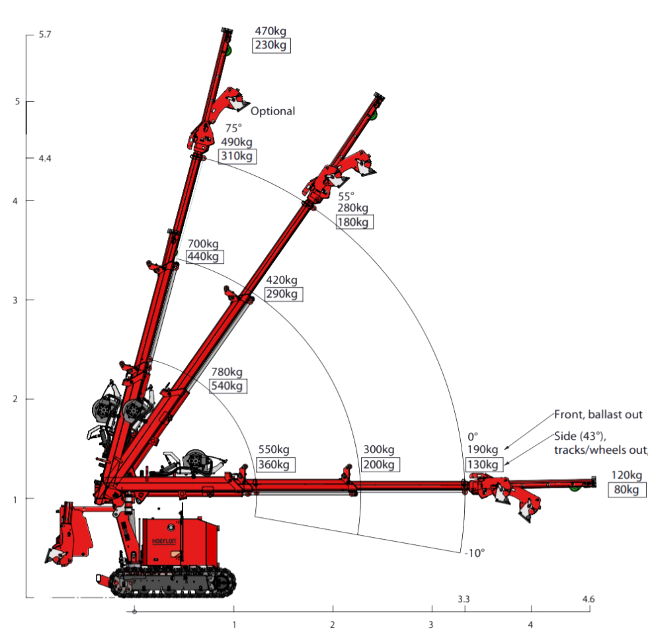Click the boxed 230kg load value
pyautogui.click(x=272, y=45)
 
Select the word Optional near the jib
pyautogui.click(x=272, y=111)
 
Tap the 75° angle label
pyautogui.click(x=233, y=128)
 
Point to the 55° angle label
pyautogui.click(x=346, y=196)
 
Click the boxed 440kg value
pyautogui.click(x=205, y=257)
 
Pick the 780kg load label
pyautogui.click(x=226, y=372)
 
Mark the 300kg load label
pyautogui.click(x=379, y=450)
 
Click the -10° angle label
pyautogui.click(x=474, y=552)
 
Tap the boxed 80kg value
pyautogui.click(x=626, y=489)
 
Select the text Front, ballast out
pyautogui.click(x=598, y=415)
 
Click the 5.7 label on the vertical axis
pyautogui.click(x=45, y=34)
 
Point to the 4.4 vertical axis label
pyautogui.click(x=45, y=159)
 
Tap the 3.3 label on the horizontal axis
pyautogui.click(x=464, y=599)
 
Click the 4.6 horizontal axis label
pyautogui.click(x=588, y=599)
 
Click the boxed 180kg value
pyautogui.click(x=354, y=222)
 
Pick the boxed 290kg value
pyautogui.click(x=284, y=294)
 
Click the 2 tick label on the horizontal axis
pyautogui.click(x=333, y=624)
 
